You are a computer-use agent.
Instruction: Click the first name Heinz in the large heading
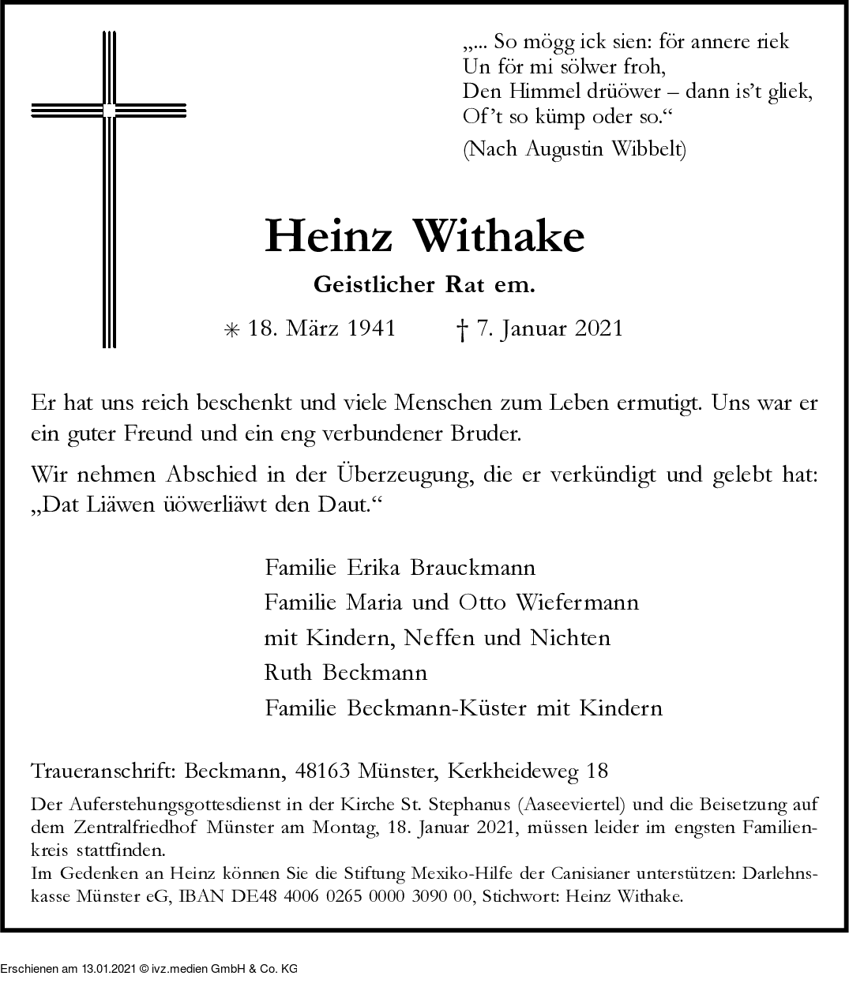tap(328, 235)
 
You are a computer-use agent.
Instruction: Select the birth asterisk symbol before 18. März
tap(231, 331)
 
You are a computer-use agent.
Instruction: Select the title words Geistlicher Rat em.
tap(424, 285)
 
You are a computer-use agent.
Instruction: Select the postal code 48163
tap(322, 770)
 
